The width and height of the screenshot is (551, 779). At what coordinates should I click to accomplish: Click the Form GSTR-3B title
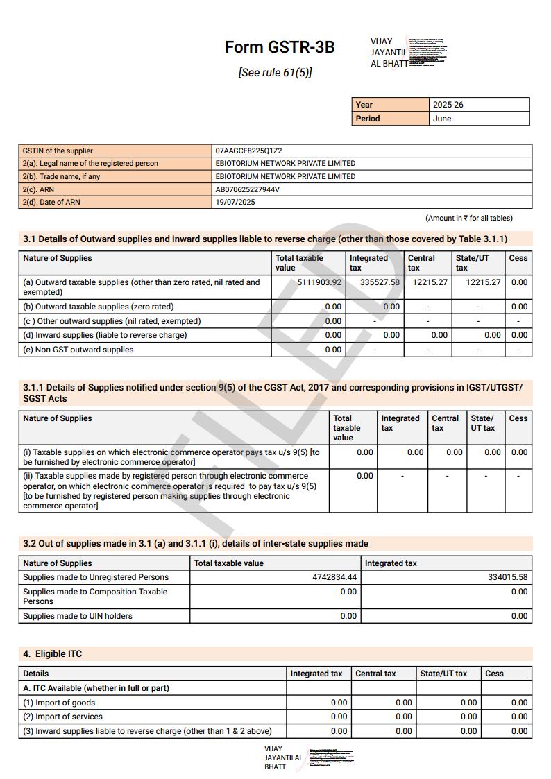click(x=279, y=47)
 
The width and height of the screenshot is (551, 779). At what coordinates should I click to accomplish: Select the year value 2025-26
click(x=448, y=105)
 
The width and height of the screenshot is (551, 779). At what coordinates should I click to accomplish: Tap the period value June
click(x=442, y=119)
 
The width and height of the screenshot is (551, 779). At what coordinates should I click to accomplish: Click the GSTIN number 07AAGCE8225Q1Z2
click(x=248, y=151)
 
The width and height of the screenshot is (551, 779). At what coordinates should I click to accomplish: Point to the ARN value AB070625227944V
click(x=247, y=189)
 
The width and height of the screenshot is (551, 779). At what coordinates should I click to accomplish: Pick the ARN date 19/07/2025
click(x=235, y=203)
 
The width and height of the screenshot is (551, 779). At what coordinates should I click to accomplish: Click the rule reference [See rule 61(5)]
click(x=275, y=72)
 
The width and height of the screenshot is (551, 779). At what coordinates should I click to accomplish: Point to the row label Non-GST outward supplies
click(x=78, y=350)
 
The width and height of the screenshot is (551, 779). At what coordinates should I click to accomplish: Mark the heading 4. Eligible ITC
click(x=53, y=654)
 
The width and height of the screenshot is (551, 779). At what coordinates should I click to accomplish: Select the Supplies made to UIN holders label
click(x=77, y=616)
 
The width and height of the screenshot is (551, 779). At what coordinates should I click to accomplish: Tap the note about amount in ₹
click(x=469, y=218)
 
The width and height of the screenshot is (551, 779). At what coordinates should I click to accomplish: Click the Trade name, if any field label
click(x=61, y=176)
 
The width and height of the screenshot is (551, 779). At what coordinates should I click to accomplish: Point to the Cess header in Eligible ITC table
click(x=494, y=674)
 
